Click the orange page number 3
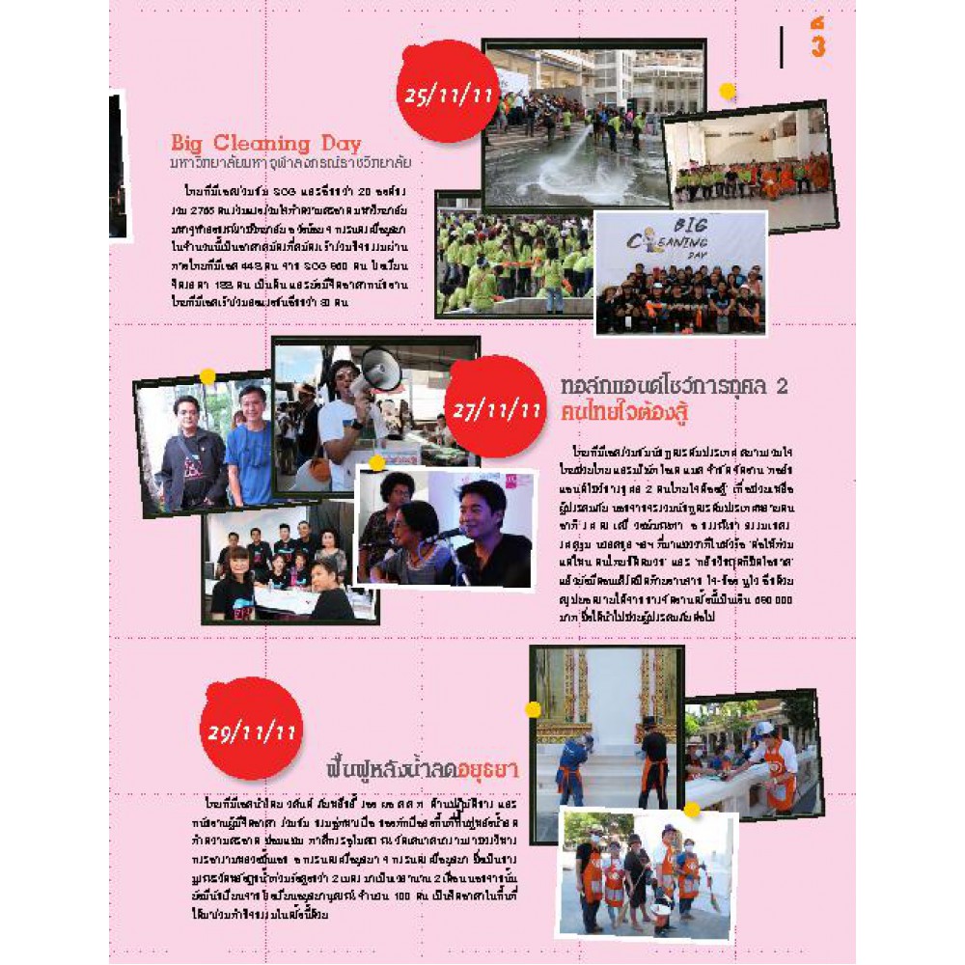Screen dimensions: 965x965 pyautogui.click(x=817, y=46)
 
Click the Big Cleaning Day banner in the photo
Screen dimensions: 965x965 pyautogui.click(x=680, y=241)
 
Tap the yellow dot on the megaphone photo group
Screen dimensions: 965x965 pyautogui.click(x=207, y=376)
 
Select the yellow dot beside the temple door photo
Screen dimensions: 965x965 pyautogui.click(x=533, y=709)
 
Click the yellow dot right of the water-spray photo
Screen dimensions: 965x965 pyautogui.click(x=728, y=92)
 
